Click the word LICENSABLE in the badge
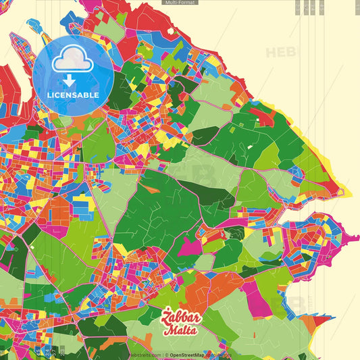click(x=73, y=95)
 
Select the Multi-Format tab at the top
click(x=180, y=3)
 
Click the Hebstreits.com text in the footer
click(x=145, y=354)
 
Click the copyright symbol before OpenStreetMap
click(x=168, y=354)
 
